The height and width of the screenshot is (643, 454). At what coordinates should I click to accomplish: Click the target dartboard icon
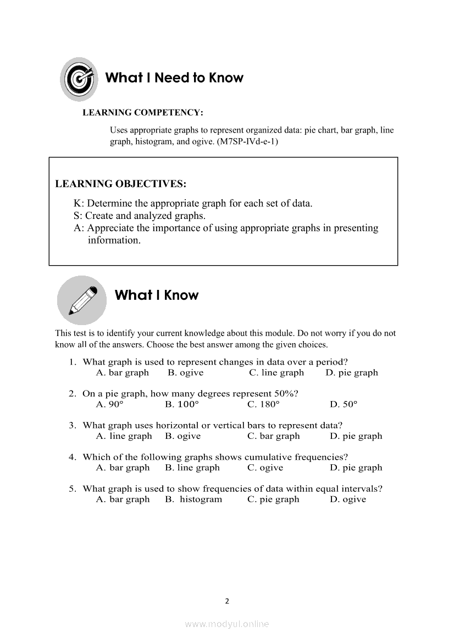[x=79, y=79]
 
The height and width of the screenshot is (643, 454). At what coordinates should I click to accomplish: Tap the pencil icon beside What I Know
[x=82, y=299]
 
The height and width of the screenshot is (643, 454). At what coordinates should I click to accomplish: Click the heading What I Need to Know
[x=174, y=78]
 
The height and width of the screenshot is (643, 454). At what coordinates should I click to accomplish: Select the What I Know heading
[x=157, y=295]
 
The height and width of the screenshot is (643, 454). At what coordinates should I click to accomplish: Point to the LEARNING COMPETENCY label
[x=143, y=113]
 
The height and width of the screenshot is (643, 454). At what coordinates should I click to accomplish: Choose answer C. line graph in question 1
[x=276, y=373]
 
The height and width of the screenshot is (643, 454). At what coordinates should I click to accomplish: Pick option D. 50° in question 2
[x=344, y=404]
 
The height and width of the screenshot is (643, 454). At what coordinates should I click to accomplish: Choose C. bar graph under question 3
[x=274, y=436]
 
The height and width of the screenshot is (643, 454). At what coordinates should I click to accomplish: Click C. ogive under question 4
[x=265, y=468]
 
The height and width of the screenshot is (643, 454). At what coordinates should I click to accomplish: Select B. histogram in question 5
[x=193, y=499]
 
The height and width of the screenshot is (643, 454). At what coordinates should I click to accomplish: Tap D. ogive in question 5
[x=348, y=499]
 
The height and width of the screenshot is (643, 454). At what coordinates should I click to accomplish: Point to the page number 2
[x=227, y=601]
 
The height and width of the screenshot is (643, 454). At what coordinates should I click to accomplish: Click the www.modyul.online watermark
[x=227, y=624]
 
